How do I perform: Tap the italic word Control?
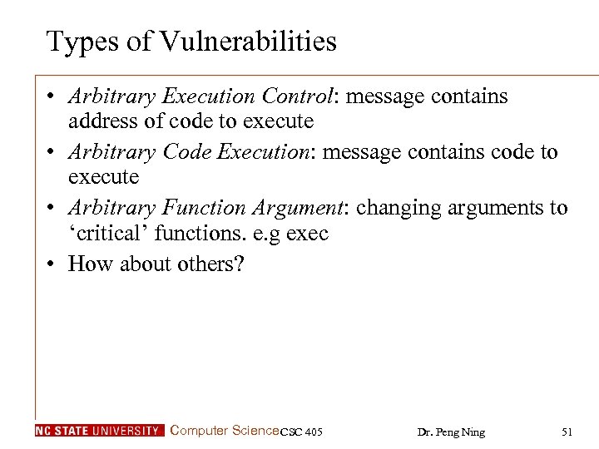tap(295, 96)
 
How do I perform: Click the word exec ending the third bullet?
tap(307, 234)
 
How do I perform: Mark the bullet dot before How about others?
tap(52, 264)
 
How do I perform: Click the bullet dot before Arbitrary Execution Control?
tap(52, 97)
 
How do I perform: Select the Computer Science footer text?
tap(224, 431)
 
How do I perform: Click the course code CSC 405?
tap(301, 432)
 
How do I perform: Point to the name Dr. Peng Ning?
tap(451, 432)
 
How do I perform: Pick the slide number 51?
tap(567, 432)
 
